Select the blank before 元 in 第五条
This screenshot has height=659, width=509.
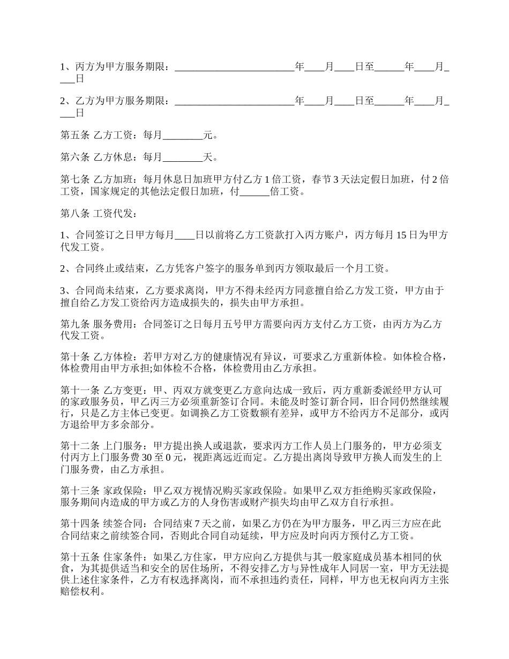[x=183, y=136]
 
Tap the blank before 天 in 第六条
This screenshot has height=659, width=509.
[x=183, y=158]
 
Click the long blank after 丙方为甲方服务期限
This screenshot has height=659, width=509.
[x=235, y=68]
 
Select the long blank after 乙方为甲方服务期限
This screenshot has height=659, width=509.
[x=235, y=101]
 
